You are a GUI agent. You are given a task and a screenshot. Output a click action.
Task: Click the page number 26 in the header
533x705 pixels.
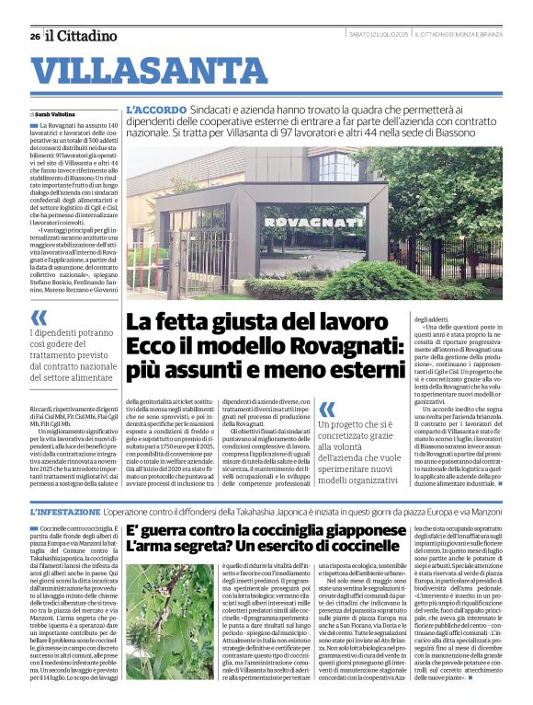[x=35, y=36]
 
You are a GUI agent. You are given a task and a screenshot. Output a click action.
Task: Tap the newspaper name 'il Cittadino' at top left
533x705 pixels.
[x=83, y=36]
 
